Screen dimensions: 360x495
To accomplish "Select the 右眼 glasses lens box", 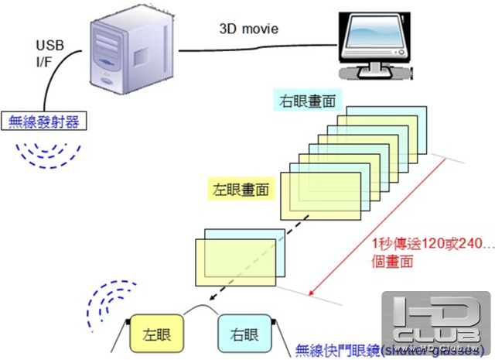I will [244, 334].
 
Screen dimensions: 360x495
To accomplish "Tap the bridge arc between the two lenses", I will [203, 311].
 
